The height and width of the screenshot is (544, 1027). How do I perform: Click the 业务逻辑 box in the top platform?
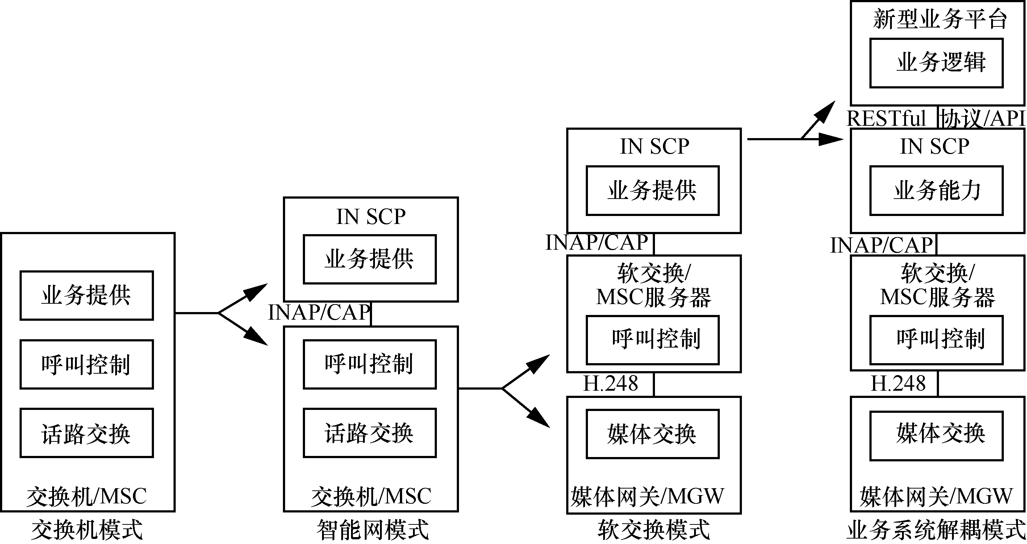pyautogui.click(x=936, y=63)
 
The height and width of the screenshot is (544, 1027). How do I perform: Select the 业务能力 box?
pyautogui.click(x=936, y=191)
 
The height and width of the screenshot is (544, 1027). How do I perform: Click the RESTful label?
pyautogui.click(x=886, y=119)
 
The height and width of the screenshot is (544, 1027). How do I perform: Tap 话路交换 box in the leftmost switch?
pyautogui.click(x=87, y=433)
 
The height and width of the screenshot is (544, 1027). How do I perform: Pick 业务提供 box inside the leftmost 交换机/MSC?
pyautogui.click(x=87, y=295)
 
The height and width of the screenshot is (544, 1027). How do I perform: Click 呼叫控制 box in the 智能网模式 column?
pyautogui.click(x=370, y=364)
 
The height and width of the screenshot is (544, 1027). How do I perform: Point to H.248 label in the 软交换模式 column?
pyautogui.click(x=610, y=384)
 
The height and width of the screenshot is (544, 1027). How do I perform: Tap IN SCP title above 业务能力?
pyautogui.click(x=935, y=146)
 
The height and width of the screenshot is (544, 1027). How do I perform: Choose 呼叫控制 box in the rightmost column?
pyautogui.click(x=936, y=340)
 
